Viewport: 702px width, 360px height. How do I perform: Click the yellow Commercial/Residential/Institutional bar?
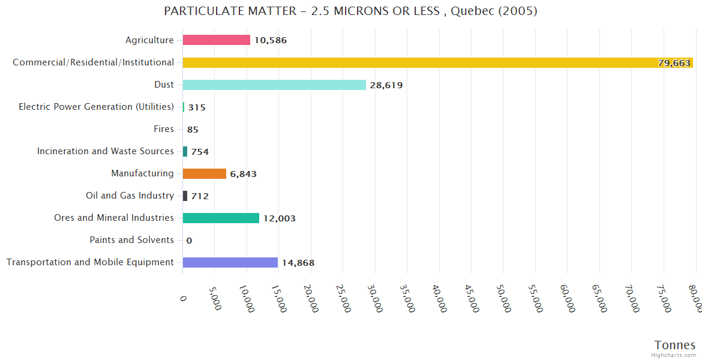point(437,62)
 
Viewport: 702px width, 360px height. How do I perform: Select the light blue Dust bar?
point(274,85)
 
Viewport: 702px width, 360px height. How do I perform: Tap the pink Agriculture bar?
point(217,40)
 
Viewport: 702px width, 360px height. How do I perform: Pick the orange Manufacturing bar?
point(205,173)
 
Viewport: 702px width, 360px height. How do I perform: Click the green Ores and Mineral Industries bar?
point(221,218)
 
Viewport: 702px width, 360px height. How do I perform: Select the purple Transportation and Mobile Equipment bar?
point(230,262)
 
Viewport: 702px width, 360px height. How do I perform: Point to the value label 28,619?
point(386,85)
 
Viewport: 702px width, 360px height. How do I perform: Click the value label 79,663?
point(674,63)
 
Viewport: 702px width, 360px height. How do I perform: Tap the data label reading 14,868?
point(298,263)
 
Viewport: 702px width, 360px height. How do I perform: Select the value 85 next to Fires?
point(193,130)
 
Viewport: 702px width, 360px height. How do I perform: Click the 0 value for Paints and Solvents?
point(189,241)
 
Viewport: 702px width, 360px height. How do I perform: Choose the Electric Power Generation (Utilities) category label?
point(96,107)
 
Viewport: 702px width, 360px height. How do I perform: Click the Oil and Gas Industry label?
point(130,196)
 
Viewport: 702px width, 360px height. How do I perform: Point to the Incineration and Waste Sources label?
point(106,151)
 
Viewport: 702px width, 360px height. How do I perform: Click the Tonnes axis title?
point(675,345)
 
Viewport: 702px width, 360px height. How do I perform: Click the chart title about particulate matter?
point(350,11)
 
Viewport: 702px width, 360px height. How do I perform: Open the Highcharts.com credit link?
point(674,355)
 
